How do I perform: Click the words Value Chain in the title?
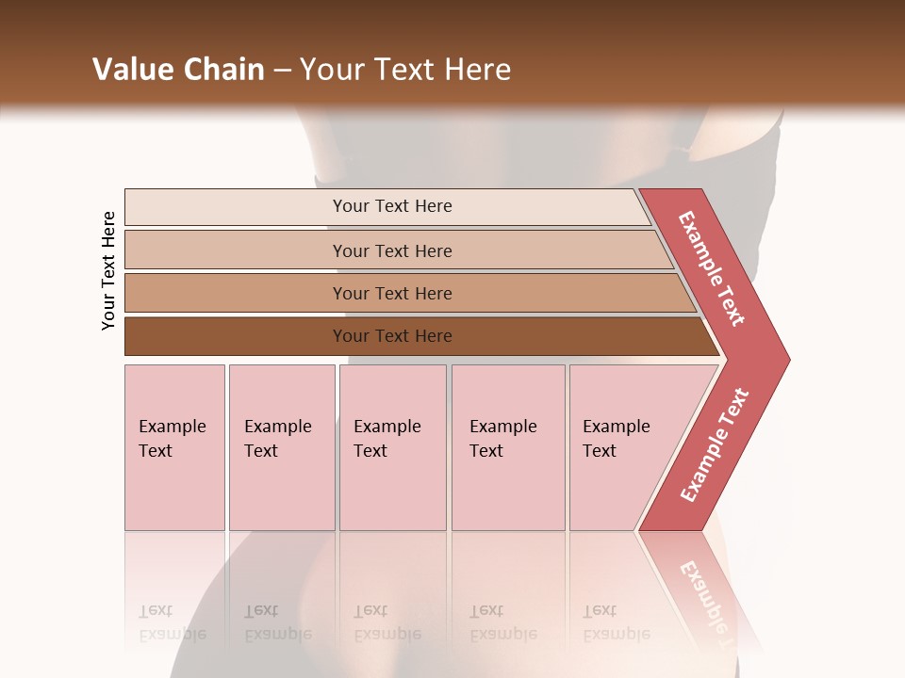click(178, 70)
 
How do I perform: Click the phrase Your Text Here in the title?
click(405, 70)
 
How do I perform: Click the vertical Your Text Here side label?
click(109, 270)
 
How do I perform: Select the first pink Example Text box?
click(174, 447)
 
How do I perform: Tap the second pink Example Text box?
click(281, 447)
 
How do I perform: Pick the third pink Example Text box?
click(392, 447)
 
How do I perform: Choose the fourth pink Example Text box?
click(508, 447)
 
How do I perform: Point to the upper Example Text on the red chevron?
click(712, 268)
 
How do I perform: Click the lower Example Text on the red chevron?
click(714, 445)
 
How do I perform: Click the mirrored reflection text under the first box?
click(173, 622)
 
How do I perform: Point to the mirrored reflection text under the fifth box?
click(617, 622)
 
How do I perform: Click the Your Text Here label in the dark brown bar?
click(392, 336)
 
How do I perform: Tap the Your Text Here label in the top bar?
click(392, 206)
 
